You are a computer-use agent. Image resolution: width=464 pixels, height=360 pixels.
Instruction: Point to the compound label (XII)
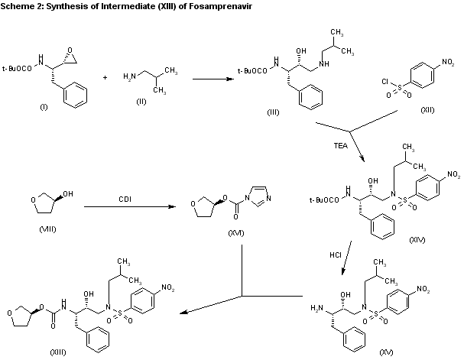pyautogui.click(x=429, y=111)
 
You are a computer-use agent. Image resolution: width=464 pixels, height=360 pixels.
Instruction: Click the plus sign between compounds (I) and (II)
pyautogui.click(x=105, y=78)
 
